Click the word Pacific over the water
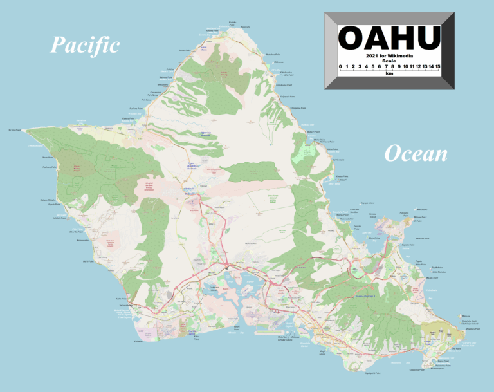pos(85,45)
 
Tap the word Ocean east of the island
pos(416,154)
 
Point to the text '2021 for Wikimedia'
pos(389,56)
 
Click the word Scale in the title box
pos(389,61)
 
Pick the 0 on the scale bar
pos(340,66)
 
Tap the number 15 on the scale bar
pos(437,66)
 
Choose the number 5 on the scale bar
pos(372,66)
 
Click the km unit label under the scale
pos(389,74)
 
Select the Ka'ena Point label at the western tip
pos(15,130)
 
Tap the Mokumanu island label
pos(422,209)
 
